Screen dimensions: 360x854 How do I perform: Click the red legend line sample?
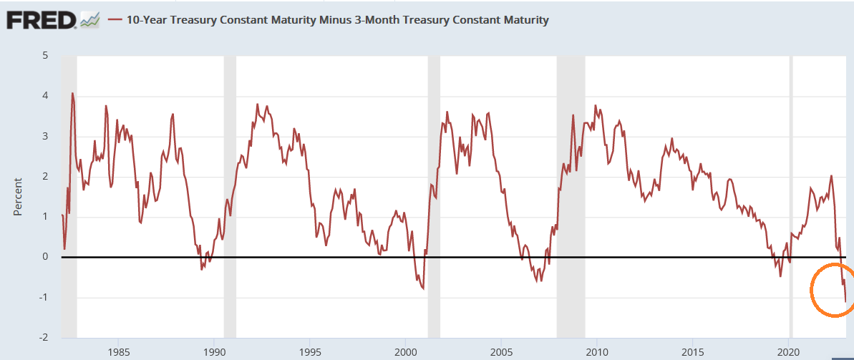115,20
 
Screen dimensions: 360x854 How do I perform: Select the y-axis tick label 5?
45,55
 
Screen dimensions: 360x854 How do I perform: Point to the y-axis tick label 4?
45,96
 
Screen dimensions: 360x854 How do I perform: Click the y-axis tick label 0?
45,257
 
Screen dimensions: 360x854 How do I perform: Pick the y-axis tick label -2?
43,338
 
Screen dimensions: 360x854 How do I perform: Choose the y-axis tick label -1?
43,298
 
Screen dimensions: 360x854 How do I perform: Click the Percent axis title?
19,197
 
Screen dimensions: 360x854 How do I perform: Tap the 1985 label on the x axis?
119,351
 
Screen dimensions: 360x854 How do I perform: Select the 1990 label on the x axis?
215,351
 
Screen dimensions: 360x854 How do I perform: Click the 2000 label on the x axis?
406,351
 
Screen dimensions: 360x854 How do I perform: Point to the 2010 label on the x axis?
597,351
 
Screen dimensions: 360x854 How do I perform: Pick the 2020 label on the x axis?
788,351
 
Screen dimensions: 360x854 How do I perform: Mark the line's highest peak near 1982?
72,93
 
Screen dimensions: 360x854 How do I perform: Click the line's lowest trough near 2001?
423,288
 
